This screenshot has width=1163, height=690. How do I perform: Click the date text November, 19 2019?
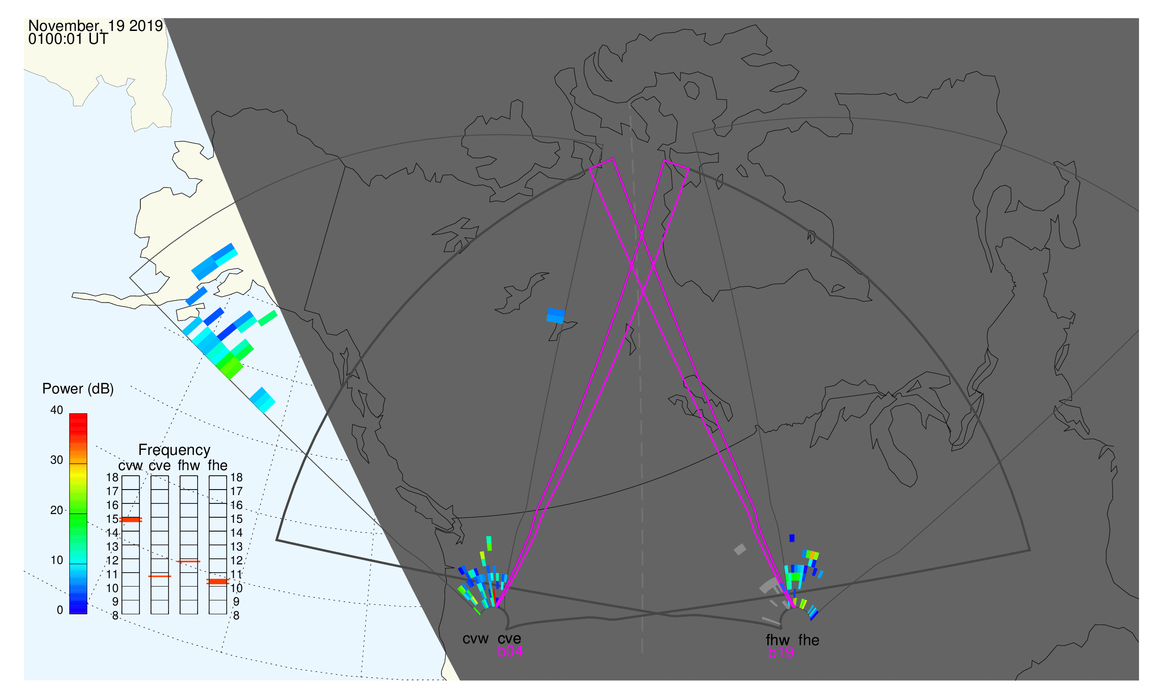(95, 25)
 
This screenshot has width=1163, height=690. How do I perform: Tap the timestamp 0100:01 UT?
(68, 39)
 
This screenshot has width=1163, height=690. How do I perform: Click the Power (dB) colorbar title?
(78, 389)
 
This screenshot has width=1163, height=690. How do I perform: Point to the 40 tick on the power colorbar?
(57, 410)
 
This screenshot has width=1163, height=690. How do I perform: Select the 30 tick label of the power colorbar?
(57, 460)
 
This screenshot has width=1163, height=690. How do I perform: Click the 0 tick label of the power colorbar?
(60, 611)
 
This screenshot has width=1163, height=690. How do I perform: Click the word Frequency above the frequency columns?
(175, 451)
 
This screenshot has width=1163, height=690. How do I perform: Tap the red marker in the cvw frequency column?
(131, 520)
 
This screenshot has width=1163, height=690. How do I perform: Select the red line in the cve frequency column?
(159, 576)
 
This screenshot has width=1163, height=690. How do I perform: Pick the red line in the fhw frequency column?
(189, 562)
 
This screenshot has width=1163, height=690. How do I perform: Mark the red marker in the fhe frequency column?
(217, 581)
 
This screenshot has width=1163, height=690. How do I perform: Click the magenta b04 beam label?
(510, 652)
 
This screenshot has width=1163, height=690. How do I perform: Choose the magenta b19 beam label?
(780, 653)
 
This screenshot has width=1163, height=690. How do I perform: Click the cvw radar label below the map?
(475, 639)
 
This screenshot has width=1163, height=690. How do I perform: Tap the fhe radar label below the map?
(809, 640)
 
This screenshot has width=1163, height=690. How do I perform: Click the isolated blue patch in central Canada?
(556, 316)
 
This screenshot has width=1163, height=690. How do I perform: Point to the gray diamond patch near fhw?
(740, 550)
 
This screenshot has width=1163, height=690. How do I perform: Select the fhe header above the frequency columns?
(217, 466)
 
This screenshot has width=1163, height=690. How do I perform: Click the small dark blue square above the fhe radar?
(792, 539)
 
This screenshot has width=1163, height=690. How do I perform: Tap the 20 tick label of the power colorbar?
(57, 510)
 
